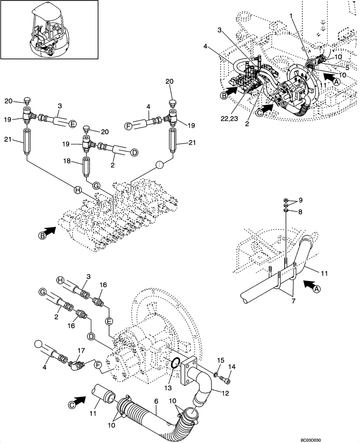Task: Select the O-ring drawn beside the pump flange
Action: pyautogui.click(x=175, y=364)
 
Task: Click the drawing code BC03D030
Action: pyautogui.click(x=334, y=436)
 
